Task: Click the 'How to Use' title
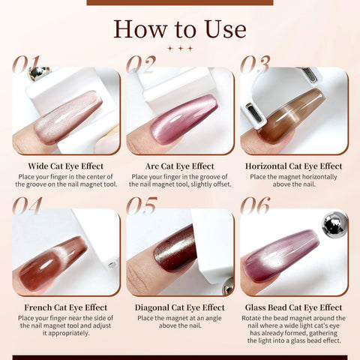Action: click(180, 29)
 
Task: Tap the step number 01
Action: click(26, 64)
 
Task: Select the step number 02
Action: click(141, 64)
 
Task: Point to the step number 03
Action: click(255, 64)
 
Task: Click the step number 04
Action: click(27, 205)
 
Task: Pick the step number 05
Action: click(142, 205)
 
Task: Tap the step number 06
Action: click(255, 205)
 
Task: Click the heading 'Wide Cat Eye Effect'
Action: click(66, 166)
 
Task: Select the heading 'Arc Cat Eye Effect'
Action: click(180, 166)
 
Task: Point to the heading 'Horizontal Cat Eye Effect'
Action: click(294, 166)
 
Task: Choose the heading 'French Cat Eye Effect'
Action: click(66, 307)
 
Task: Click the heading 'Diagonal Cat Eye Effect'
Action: click(180, 307)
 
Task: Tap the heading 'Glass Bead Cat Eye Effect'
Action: click(294, 307)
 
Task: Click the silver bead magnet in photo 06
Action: click(334, 224)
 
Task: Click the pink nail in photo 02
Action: click(184, 119)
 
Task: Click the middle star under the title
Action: click(180, 48)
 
